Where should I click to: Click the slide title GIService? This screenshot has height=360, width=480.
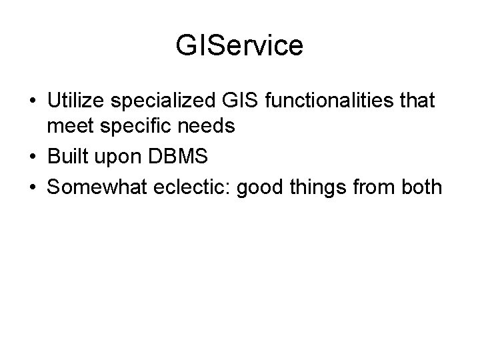239,45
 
